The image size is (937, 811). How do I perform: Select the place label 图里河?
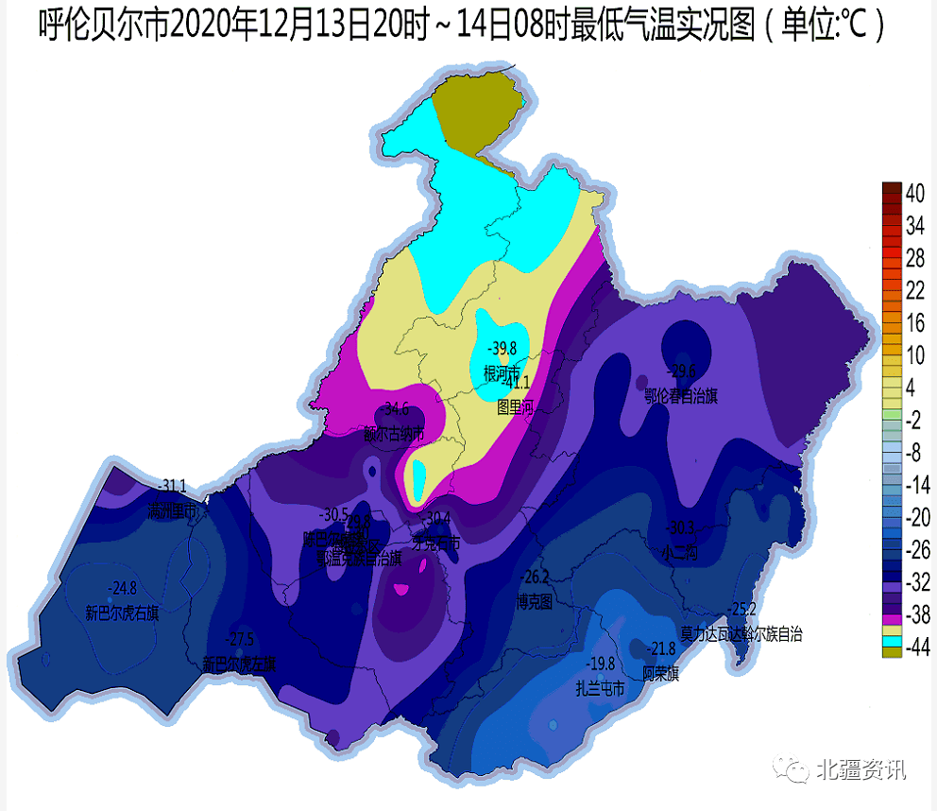tap(516, 407)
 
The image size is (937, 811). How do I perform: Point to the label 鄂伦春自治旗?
tap(680, 395)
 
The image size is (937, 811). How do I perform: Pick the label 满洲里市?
tap(171, 511)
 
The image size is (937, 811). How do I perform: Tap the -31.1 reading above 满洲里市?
tap(171, 487)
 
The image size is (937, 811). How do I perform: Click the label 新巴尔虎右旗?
tap(122, 613)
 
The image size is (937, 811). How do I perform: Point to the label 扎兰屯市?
tap(601, 688)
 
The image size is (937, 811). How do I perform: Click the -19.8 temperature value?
tap(601, 664)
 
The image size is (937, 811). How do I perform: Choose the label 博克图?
tap(535, 602)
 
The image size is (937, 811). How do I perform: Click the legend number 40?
tap(914, 194)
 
